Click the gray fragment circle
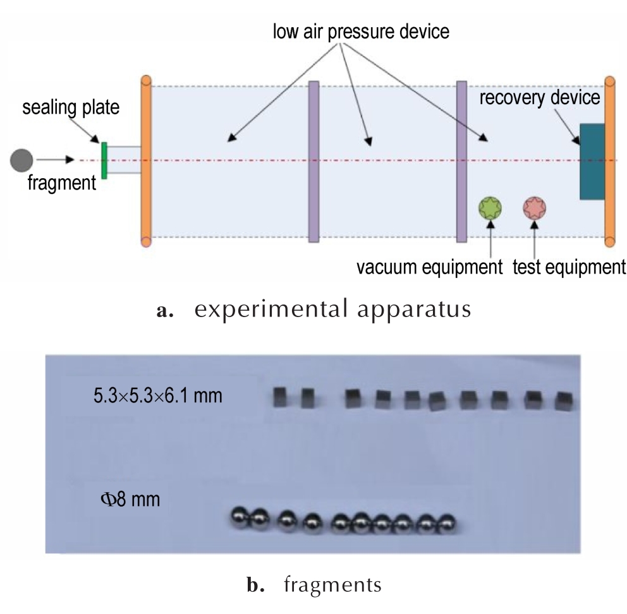click(x=21, y=160)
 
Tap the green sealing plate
click(x=104, y=160)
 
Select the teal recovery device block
click(x=592, y=161)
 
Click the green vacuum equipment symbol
click(x=490, y=208)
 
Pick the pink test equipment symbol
click(x=534, y=208)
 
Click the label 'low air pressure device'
click(x=361, y=32)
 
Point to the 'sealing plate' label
click(x=71, y=107)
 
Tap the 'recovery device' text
click(x=539, y=97)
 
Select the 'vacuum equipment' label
click(x=429, y=267)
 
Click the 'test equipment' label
click(x=569, y=267)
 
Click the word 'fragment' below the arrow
click(x=61, y=183)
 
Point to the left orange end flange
click(x=147, y=161)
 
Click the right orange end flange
click(x=609, y=162)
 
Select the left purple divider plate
click(x=314, y=162)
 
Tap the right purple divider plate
click(x=461, y=162)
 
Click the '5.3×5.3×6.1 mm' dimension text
click(x=158, y=395)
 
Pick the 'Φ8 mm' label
click(x=130, y=499)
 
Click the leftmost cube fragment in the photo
click(x=280, y=397)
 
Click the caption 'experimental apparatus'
click(x=332, y=310)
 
